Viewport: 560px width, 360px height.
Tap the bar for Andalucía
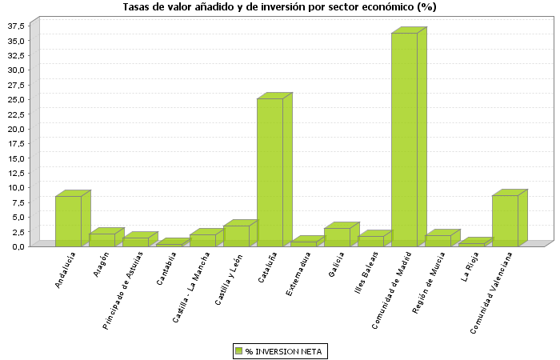click(68, 221)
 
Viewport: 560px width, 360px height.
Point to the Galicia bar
click(337, 237)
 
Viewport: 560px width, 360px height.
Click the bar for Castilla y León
click(236, 236)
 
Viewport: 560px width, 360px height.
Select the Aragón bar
click(102, 239)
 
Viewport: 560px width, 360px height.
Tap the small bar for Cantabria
click(169, 245)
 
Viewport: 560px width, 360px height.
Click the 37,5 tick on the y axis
click(16, 26)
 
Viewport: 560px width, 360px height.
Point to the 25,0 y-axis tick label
click(16, 99)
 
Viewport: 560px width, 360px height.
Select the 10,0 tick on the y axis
click(16, 188)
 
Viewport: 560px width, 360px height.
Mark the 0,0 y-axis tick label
click(18, 247)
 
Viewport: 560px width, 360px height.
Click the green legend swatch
click(238, 350)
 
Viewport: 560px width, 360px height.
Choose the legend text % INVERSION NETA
click(283, 350)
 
